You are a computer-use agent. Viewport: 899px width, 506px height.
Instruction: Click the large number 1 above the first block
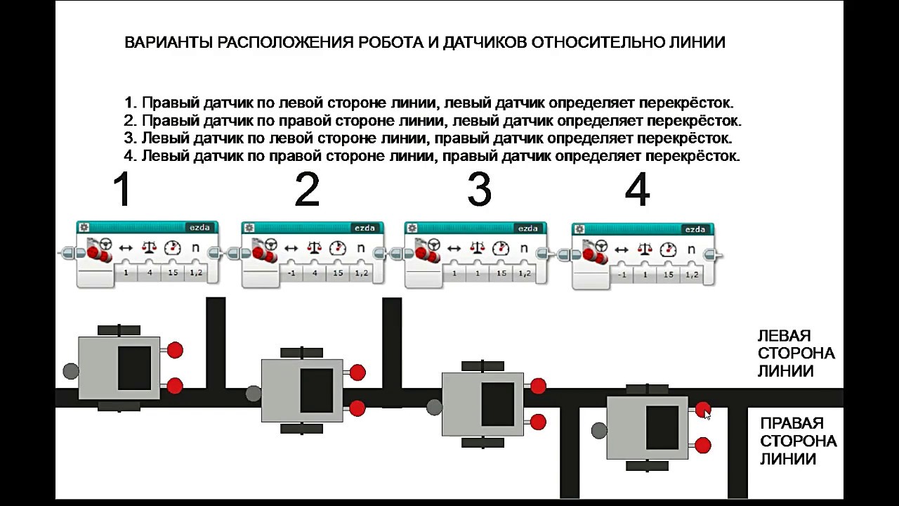point(123,190)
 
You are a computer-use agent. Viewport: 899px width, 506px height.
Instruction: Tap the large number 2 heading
point(307,190)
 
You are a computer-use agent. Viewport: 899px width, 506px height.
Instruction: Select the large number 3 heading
point(479,190)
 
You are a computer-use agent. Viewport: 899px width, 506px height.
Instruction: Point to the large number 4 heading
point(637,190)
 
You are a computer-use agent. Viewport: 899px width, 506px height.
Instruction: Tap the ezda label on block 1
point(199,227)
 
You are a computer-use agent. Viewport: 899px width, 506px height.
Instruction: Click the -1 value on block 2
point(292,273)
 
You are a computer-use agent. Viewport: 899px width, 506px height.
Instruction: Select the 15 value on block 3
point(501,273)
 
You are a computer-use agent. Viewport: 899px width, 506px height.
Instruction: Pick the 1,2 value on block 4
point(691,274)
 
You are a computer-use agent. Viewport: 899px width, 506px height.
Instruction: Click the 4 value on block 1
point(149,272)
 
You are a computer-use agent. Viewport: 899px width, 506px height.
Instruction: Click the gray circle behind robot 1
point(70,370)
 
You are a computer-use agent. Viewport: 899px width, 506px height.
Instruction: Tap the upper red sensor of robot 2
point(357,372)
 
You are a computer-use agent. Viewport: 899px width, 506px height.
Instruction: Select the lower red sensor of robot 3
point(538,422)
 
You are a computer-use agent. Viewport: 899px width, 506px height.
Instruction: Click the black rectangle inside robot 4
point(662,427)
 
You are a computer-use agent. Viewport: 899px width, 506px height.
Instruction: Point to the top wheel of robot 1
point(119,330)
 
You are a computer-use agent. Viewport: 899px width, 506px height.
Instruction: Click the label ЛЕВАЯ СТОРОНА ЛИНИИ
point(795,353)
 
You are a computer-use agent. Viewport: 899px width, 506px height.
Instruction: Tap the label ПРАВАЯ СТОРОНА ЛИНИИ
point(798,441)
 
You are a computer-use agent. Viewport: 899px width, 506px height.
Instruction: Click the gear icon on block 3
point(412,228)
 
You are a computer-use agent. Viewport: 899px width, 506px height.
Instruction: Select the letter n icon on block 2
point(361,248)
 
